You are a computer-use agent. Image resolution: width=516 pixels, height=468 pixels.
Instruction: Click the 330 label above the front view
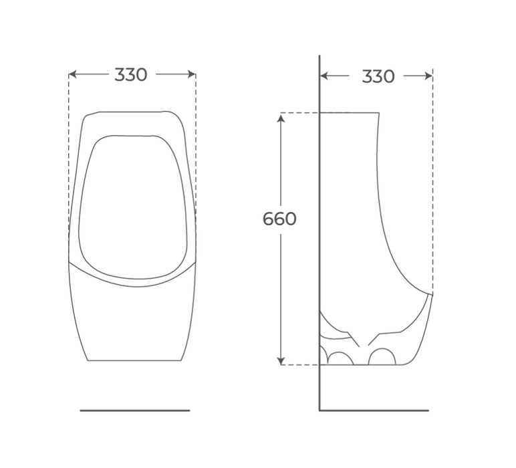pyautogui.click(x=131, y=75)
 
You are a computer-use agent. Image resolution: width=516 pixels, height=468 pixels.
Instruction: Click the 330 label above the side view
pyautogui.click(x=378, y=77)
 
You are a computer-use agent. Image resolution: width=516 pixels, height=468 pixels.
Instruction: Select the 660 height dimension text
pyautogui.click(x=279, y=219)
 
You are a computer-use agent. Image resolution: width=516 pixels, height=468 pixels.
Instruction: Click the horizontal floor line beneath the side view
pyautogui.click(x=374, y=411)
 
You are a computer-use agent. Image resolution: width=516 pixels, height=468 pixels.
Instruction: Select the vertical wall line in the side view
pyautogui.click(x=319, y=234)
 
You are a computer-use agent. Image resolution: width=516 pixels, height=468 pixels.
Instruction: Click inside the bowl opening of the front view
pyautogui.click(x=132, y=207)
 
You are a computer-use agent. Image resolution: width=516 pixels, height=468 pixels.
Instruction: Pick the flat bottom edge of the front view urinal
pyautogui.click(x=134, y=361)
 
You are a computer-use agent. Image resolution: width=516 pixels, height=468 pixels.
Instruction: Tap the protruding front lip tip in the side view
pyautogui.click(x=431, y=294)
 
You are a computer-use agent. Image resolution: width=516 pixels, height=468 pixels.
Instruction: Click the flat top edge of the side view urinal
pyautogui.click(x=350, y=113)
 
